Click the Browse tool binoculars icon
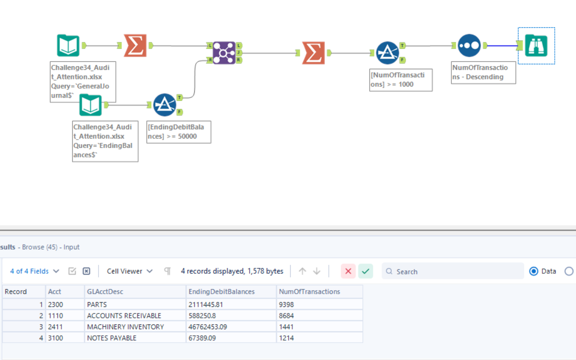click(x=536, y=46)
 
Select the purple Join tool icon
click(x=223, y=52)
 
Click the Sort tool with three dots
click(x=469, y=46)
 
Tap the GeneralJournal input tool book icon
click(x=68, y=46)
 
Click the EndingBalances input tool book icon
click(x=90, y=104)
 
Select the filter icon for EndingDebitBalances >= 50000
click(x=164, y=104)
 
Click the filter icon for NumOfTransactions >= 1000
click(x=387, y=52)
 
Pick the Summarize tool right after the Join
click(x=314, y=52)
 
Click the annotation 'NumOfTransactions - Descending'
click(x=483, y=72)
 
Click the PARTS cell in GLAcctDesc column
click(x=97, y=305)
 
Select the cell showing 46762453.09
click(x=214, y=327)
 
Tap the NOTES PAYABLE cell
click(x=111, y=338)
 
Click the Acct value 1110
click(x=55, y=315)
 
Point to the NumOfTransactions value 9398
click(x=286, y=305)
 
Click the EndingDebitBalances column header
click(x=221, y=292)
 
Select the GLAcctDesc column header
click(x=105, y=292)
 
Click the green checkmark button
click(x=366, y=271)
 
